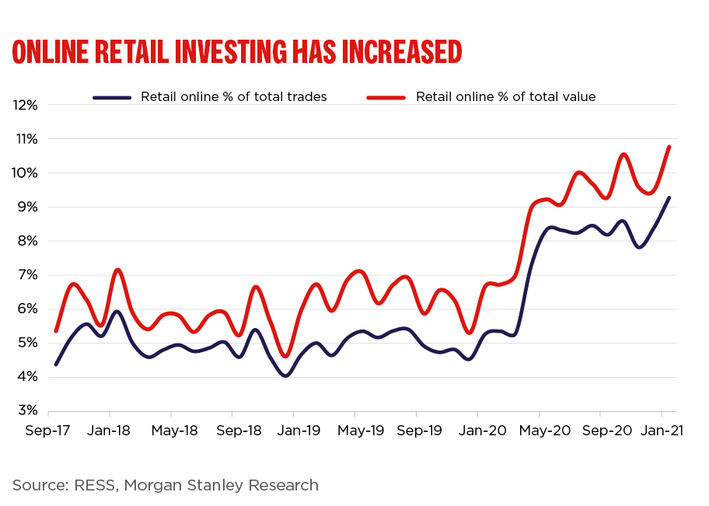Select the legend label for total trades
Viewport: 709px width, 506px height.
point(233,97)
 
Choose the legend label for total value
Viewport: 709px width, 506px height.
point(505,97)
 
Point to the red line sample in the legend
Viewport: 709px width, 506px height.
point(386,98)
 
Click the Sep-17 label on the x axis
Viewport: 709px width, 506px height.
point(48,430)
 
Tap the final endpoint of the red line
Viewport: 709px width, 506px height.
point(669,147)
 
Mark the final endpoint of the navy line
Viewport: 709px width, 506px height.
point(669,197)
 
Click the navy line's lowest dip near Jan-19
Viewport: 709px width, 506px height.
point(286,375)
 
